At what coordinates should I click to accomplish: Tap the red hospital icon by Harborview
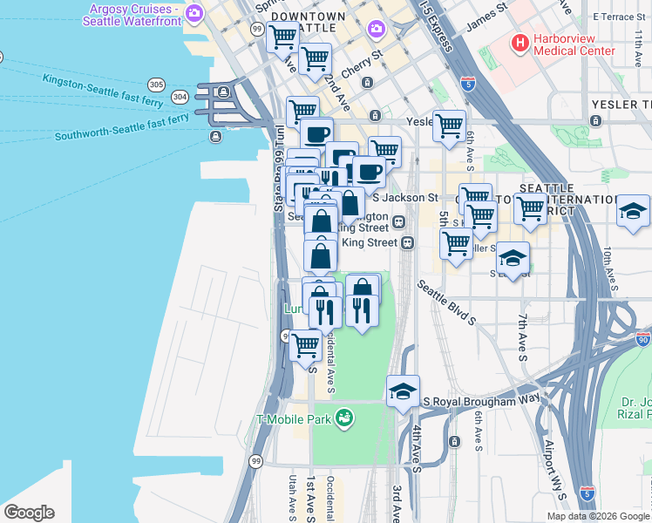click(520, 41)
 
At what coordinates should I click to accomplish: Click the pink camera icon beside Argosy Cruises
click(194, 13)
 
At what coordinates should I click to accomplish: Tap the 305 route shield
click(156, 85)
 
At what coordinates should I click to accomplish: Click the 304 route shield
click(180, 96)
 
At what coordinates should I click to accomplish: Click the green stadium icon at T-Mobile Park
click(345, 418)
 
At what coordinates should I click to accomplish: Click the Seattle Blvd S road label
click(446, 302)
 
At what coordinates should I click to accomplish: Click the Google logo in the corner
click(29, 513)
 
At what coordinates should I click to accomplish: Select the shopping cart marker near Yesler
click(449, 126)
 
